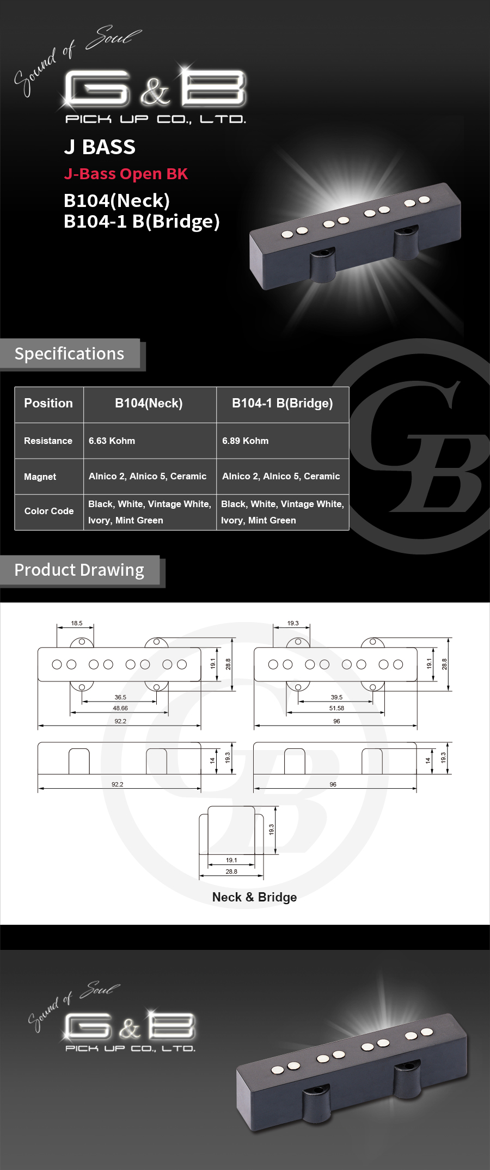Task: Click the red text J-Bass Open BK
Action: coord(126,174)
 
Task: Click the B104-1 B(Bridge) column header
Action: coord(282,403)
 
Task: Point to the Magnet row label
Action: coord(40,477)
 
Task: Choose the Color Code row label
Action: coord(49,511)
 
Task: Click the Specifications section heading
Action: coord(69,354)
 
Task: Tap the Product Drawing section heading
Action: coord(79,570)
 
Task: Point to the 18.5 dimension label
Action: coord(77,623)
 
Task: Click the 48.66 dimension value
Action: coord(120,708)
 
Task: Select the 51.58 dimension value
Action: coord(336,708)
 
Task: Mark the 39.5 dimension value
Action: coord(336,697)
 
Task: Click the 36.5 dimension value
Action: coord(120,697)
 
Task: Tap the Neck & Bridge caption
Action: coord(254,897)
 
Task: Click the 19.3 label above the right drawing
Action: coord(293,623)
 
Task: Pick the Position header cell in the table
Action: coord(48,403)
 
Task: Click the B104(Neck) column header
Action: coord(149,403)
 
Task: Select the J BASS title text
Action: coord(100,147)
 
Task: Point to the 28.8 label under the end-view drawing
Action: coord(231,872)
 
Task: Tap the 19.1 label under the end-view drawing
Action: coord(231,860)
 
